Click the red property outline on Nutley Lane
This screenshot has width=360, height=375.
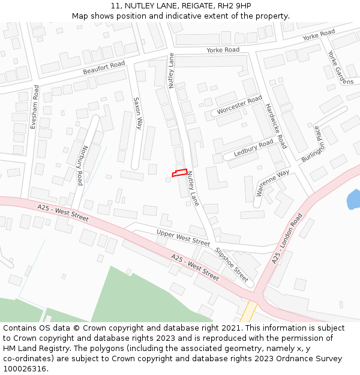[179, 173]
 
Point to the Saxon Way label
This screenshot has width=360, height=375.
[137, 113]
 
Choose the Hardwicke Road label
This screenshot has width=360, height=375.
[276, 126]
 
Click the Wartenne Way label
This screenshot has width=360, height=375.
[272, 182]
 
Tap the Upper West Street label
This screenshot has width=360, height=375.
[183, 237]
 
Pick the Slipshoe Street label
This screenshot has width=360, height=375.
[231, 264]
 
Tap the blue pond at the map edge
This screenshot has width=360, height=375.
[354, 199]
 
